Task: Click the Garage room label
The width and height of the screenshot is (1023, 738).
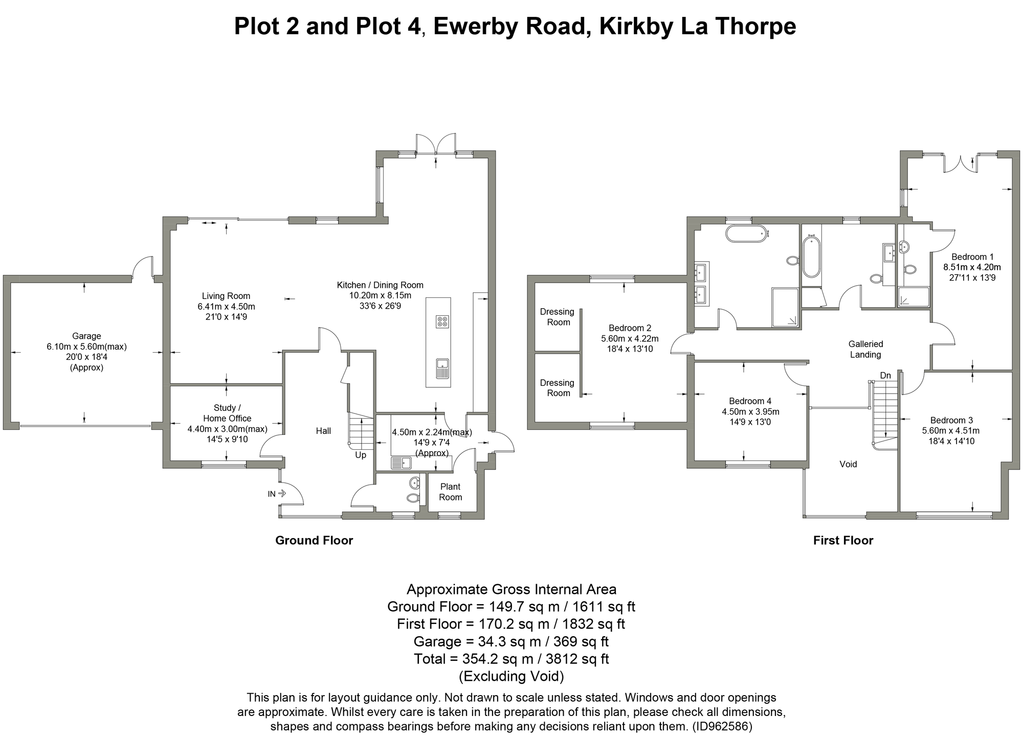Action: (x=86, y=336)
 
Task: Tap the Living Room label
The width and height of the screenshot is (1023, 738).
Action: (x=226, y=296)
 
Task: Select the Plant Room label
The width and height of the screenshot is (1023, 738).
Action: (x=450, y=492)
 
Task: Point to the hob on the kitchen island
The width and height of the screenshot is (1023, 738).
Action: (x=442, y=321)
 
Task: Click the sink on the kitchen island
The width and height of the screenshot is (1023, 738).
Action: (x=442, y=368)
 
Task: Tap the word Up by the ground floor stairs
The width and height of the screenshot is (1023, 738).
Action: (x=361, y=455)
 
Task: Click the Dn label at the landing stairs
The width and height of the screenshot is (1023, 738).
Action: (x=885, y=376)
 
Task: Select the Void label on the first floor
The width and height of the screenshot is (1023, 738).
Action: (x=848, y=464)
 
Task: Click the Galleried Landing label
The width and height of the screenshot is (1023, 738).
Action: (x=865, y=349)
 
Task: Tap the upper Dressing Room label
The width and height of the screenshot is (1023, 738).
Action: (x=557, y=317)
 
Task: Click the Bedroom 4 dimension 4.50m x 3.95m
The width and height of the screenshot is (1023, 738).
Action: (x=750, y=411)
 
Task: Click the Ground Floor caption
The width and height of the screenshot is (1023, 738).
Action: (x=314, y=540)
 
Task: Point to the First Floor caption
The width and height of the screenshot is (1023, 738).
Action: (x=843, y=540)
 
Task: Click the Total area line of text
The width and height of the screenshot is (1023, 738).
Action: (x=511, y=659)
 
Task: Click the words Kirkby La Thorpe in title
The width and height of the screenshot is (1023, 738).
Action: (x=697, y=27)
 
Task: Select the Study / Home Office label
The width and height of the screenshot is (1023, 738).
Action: (x=227, y=413)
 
